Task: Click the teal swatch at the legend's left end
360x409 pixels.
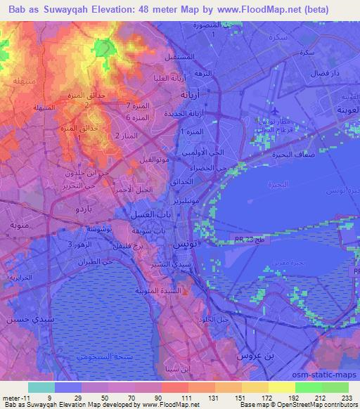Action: [x=41, y=387]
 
